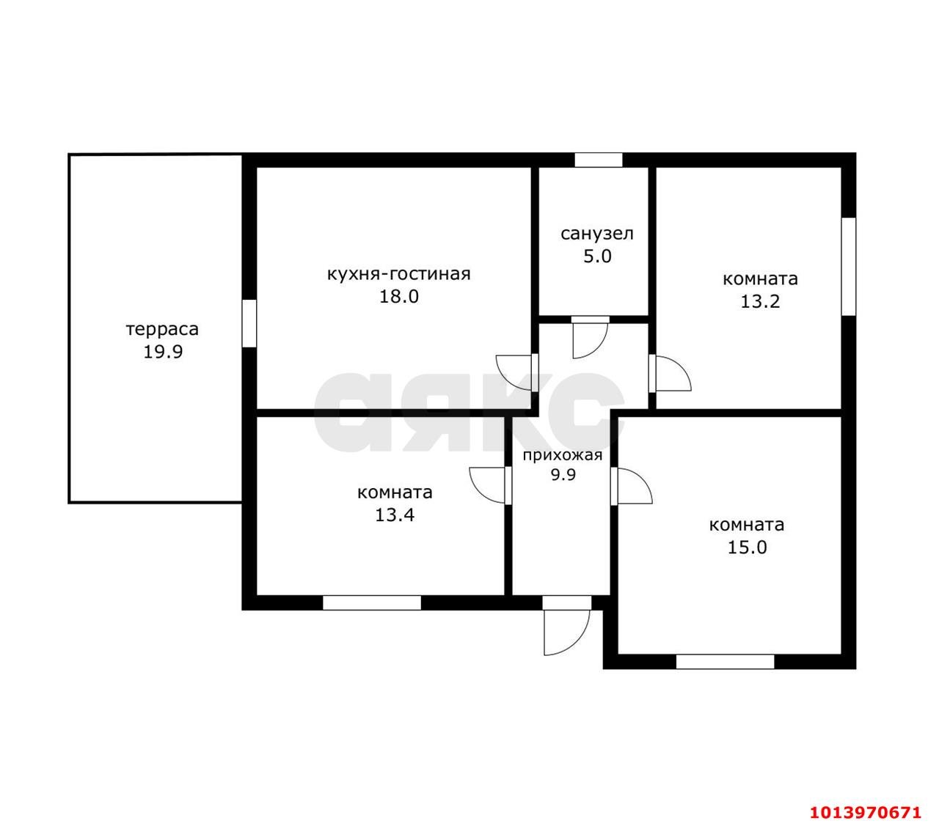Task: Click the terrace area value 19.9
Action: (x=163, y=352)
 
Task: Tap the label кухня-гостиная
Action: (x=398, y=273)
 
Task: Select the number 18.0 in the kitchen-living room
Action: (x=398, y=296)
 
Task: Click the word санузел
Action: (x=597, y=234)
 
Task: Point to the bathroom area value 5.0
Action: (x=597, y=256)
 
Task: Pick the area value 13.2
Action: (x=760, y=301)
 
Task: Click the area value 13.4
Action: (x=395, y=515)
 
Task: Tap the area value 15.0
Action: (x=747, y=547)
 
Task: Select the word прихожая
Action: (x=563, y=456)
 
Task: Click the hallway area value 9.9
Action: (x=563, y=475)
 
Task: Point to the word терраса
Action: (x=162, y=329)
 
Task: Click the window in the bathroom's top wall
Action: (x=598, y=160)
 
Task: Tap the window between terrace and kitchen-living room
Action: (x=249, y=323)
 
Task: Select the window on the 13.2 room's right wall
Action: (x=848, y=267)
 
